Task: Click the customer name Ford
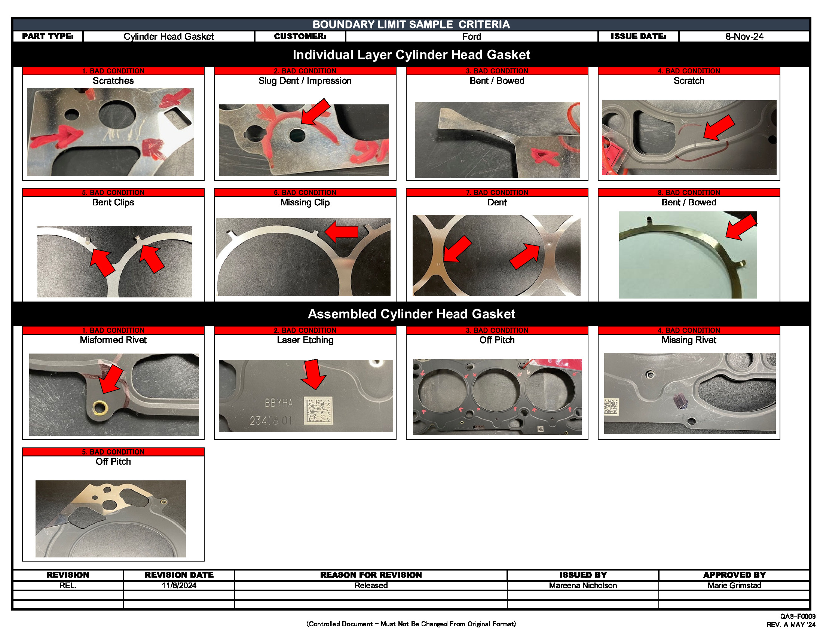(471, 37)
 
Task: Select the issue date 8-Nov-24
(744, 37)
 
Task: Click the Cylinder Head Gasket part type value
(168, 37)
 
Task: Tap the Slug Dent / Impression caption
(305, 81)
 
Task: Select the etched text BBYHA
(278, 403)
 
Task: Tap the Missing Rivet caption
(688, 340)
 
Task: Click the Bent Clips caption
(113, 202)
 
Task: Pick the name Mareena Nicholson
(582, 585)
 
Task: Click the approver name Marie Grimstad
(734, 585)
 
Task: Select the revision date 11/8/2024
(179, 585)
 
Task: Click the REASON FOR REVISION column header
(371, 575)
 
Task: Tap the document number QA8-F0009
(798, 617)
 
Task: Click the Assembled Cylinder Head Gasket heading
(411, 314)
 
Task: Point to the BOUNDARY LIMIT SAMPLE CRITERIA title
(411, 24)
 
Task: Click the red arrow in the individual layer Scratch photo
(718, 128)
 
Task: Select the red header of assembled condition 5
(113, 452)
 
